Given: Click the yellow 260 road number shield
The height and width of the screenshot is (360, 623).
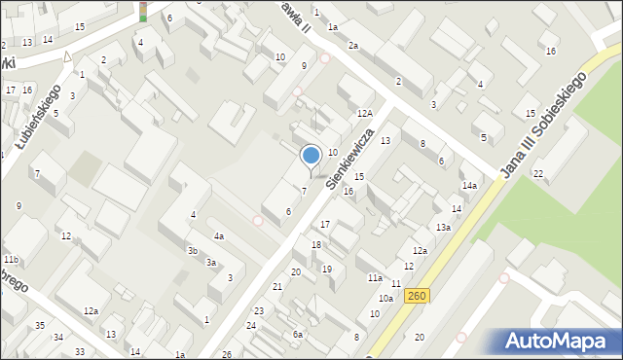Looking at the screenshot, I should (x=416, y=296).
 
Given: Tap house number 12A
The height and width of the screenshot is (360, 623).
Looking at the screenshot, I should (x=364, y=114).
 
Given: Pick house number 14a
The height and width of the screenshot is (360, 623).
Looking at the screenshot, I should (x=469, y=185).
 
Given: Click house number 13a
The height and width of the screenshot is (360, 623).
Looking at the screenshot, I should (x=443, y=227).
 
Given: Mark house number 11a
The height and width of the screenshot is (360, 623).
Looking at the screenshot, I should (x=374, y=277).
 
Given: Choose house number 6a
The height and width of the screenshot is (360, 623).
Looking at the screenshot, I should (x=298, y=334).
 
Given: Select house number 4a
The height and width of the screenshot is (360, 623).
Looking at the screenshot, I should (x=220, y=235).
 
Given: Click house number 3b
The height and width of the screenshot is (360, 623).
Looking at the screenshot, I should (x=193, y=250).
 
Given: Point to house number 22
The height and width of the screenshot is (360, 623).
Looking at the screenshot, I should (x=537, y=173).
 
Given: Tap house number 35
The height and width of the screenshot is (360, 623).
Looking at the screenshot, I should (x=40, y=325).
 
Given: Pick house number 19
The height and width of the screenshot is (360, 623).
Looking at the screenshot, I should (x=327, y=269).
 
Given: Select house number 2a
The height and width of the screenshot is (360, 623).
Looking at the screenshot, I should (x=354, y=45).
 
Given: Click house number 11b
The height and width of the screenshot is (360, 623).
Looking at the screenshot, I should (x=10, y=260).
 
